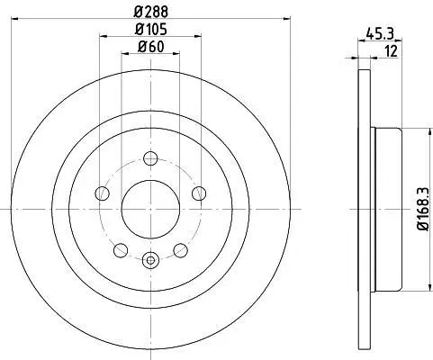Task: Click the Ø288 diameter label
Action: point(150,12)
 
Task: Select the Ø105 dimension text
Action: point(150,30)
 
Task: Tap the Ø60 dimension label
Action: point(150,47)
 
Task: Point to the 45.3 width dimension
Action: point(380,33)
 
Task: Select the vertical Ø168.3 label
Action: point(424,210)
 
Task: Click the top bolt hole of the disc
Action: point(150,158)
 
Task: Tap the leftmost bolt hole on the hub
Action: point(102,193)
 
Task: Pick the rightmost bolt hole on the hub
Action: point(199,193)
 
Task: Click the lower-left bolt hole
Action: point(121,250)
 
